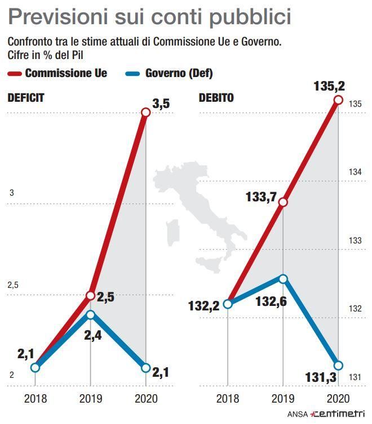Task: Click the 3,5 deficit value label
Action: coord(162,103)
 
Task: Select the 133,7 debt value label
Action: coord(260,196)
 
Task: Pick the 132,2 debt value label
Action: coord(203,306)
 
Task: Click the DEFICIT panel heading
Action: coord(25,97)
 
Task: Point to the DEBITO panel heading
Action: coord(216,97)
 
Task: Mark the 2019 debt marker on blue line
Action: coord(283,278)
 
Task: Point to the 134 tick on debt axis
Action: coord(355,172)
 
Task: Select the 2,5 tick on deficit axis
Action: coord(13,285)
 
